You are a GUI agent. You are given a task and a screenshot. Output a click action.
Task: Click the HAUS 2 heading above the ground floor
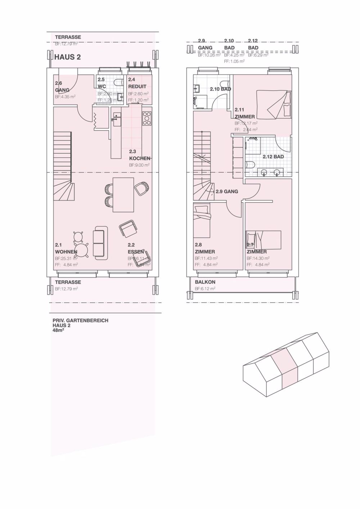pos(67,57)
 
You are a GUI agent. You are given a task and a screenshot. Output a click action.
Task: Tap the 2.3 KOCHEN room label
pos(140,155)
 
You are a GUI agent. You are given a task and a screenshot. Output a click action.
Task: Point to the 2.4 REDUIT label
pos(137,83)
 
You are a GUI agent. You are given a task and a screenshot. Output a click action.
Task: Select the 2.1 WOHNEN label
pos(66,249)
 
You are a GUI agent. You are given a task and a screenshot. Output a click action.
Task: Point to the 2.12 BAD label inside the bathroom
pos(273,157)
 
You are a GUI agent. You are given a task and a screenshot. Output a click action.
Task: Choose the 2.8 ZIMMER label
pos(205,249)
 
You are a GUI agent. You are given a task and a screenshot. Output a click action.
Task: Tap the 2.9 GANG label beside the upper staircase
pos(227,192)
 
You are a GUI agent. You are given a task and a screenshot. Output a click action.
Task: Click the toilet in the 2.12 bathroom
pos(251,165)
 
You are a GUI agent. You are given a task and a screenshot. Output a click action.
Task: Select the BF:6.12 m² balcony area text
pos(205,289)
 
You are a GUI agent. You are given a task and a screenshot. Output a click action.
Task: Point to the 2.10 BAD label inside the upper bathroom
pos(220,89)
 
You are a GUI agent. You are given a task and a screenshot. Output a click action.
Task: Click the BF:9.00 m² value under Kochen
pos(139,165)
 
